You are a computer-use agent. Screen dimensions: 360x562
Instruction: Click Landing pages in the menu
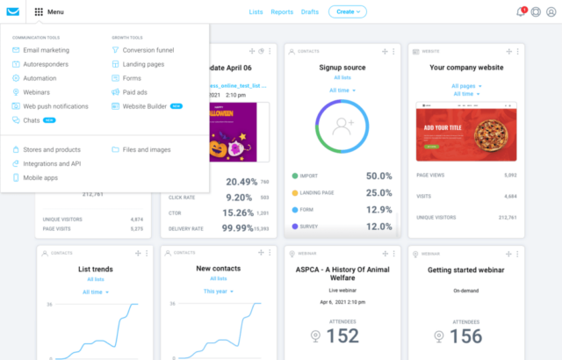click(x=144, y=64)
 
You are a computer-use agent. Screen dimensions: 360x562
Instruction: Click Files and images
click(x=147, y=149)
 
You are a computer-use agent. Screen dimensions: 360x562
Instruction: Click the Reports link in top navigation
click(x=282, y=12)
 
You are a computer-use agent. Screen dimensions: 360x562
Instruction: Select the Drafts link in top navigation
click(x=309, y=12)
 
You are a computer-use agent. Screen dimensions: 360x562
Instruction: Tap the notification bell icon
click(x=520, y=12)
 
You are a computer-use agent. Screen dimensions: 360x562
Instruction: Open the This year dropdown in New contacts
click(x=219, y=291)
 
